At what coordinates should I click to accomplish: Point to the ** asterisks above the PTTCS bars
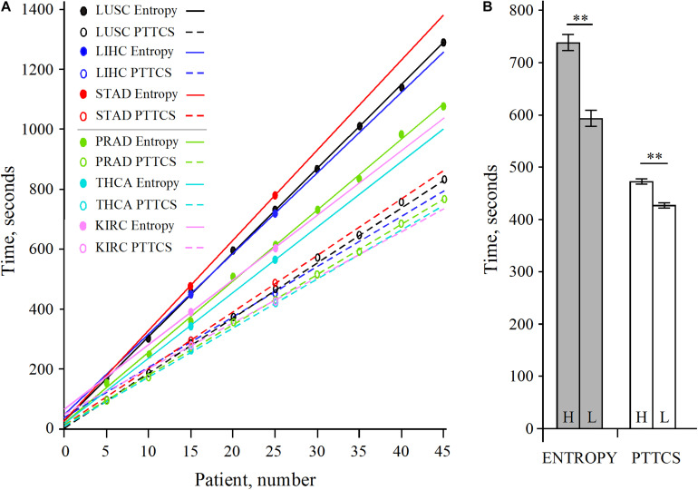[x=653, y=157]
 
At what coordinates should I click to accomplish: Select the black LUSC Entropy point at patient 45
[x=443, y=43]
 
